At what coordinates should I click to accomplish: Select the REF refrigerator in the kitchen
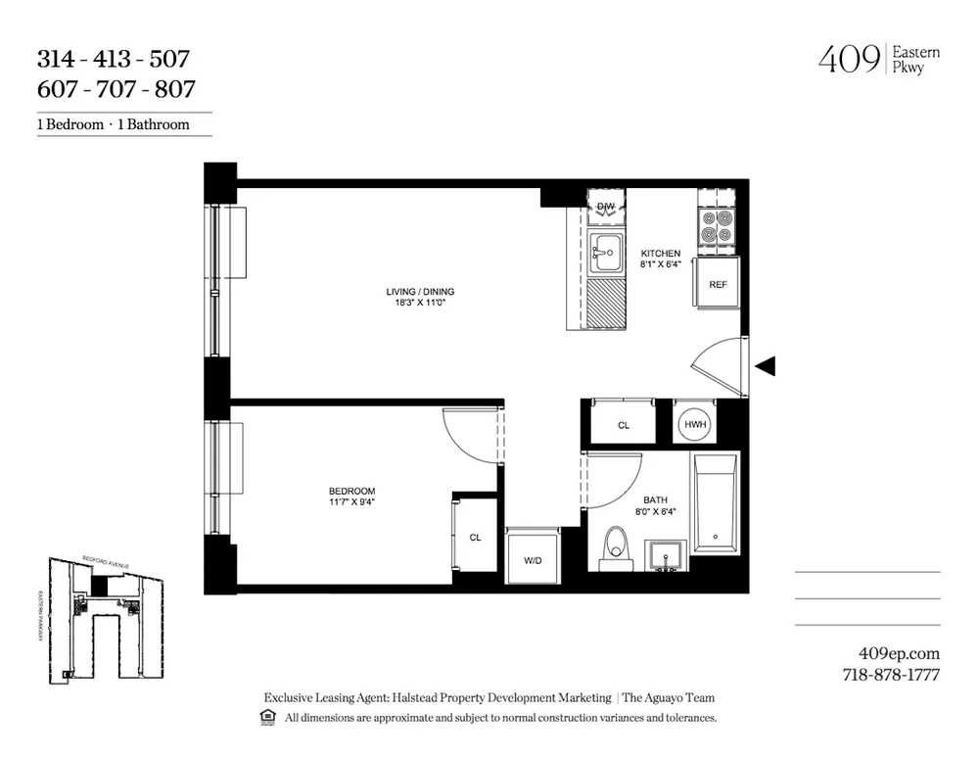tap(718, 285)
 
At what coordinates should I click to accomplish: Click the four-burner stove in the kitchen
tap(717, 227)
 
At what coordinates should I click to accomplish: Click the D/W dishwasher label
tap(606, 206)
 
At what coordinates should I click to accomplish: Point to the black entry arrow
tap(767, 366)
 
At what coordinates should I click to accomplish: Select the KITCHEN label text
tap(660, 254)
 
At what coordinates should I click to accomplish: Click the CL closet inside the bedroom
tap(475, 537)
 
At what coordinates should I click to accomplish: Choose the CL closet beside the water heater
tap(624, 425)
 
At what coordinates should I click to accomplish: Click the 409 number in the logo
tap(848, 61)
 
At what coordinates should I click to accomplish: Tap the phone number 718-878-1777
tap(891, 674)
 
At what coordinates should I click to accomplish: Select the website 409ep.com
tap(898, 653)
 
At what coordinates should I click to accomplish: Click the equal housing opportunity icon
tap(266, 718)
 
